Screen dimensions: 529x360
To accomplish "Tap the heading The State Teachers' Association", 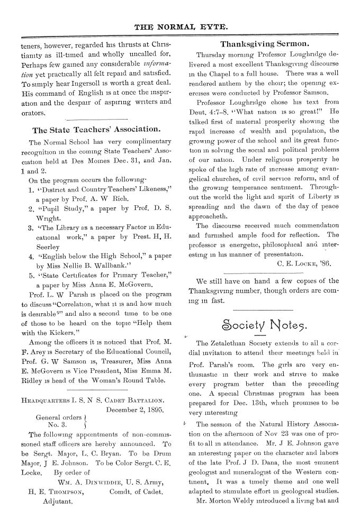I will point(96,130).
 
